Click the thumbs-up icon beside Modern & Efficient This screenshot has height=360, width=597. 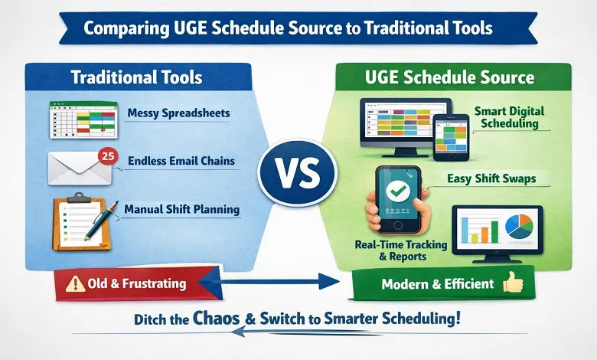pos(512,283)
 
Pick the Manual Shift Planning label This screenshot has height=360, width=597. pos(181,208)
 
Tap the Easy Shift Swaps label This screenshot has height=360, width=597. pos(490,178)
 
